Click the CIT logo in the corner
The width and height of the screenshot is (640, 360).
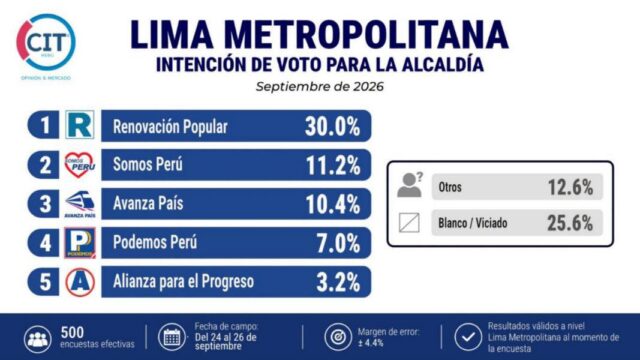tap(46, 42)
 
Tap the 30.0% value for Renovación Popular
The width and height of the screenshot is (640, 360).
tap(332, 127)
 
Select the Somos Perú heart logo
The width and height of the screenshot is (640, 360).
tap(80, 165)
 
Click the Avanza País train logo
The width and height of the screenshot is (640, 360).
tap(80, 204)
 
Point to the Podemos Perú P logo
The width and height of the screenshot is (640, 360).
tap(80, 243)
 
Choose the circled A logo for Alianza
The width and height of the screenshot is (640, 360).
tap(80, 282)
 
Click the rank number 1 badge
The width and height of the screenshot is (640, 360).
tap(44, 125)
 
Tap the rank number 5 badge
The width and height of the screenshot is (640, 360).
tap(44, 282)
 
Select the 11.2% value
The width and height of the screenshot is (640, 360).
tap(333, 166)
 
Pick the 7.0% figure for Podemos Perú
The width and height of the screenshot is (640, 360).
tap(338, 244)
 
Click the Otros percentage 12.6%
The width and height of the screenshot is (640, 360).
tap(570, 187)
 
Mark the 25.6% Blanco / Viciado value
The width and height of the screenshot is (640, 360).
tap(570, 223)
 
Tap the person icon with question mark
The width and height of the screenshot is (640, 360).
tap(410, 185)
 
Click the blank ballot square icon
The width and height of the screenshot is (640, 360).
tap(409, 223)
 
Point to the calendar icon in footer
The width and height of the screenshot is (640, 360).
tap(172, 338)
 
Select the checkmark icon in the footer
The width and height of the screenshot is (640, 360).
tap(468, 337)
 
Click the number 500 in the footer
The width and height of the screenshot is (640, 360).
tap(72, 332)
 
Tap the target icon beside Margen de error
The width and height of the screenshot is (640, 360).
tap(338, 337)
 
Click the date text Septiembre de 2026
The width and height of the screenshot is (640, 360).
tap(320, 87)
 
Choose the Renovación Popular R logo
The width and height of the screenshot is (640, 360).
tap(80, 125)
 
